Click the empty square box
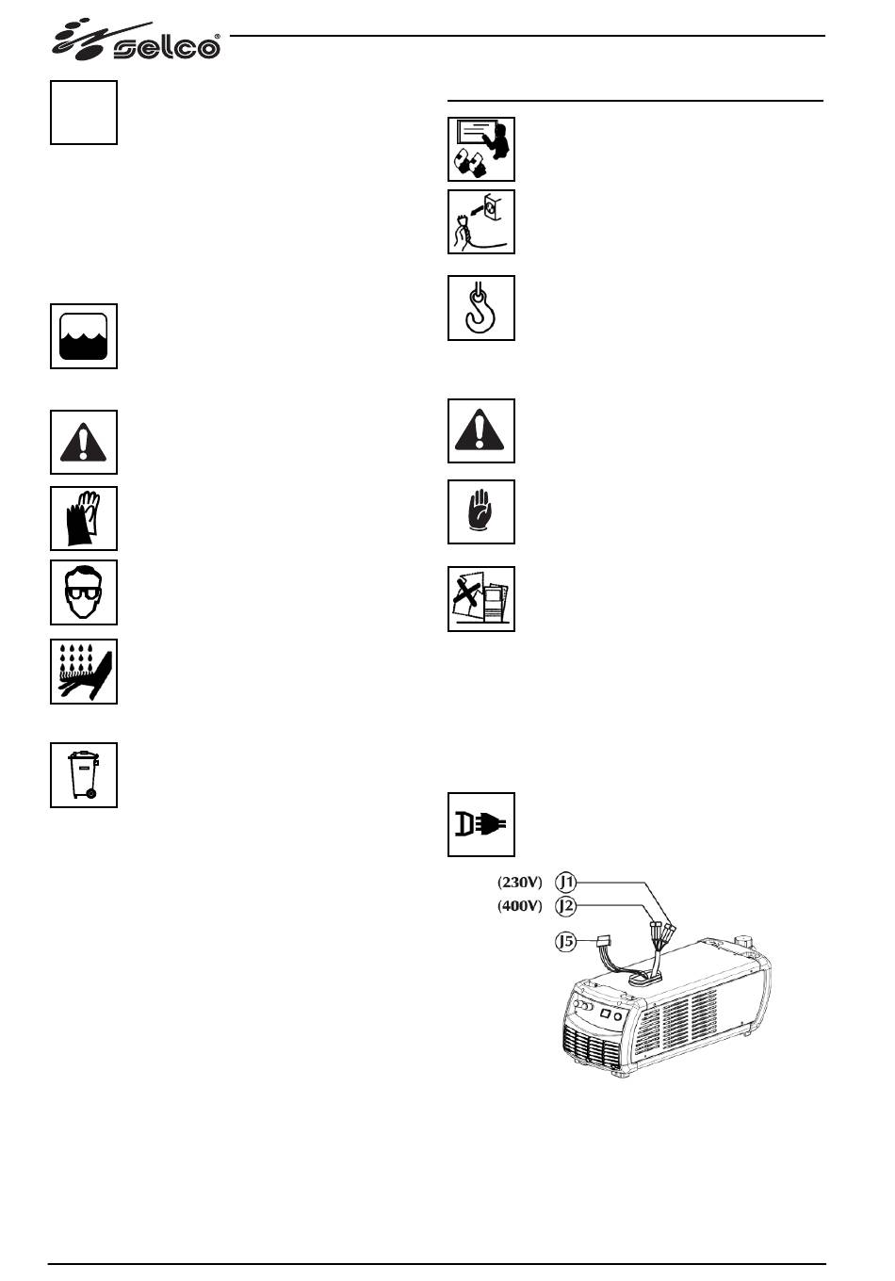[84, 112]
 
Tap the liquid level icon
[84, 336]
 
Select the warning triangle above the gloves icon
[84, 442]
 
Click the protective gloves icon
[84, 518]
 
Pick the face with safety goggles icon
[84, 592]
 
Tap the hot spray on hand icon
[84, 671]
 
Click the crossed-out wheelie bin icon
[84, 774]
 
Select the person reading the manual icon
[480, 149]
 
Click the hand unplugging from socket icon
[480, 221]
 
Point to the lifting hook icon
[480, 308]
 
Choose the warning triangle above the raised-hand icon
[480, 430]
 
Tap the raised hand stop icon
[480, 511]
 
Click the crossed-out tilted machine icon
[480, 598]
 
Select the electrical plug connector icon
[480, 824]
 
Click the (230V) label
[520, 883]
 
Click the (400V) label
[520, 906]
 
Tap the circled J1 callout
[565, 883]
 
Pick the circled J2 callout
[565, 906]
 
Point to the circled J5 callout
[565, 940]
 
